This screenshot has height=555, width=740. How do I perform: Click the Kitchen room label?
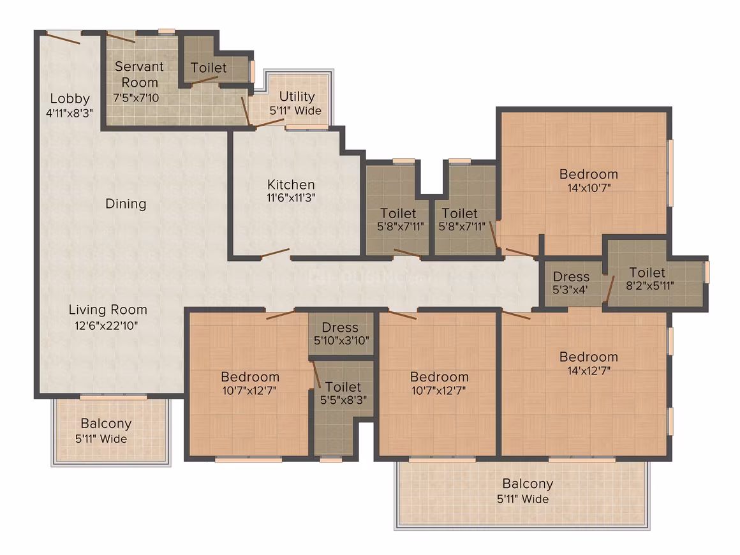point(291,184)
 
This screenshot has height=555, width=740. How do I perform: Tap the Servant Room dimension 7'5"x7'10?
point(136,98)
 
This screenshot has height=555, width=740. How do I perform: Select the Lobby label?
point(70,99)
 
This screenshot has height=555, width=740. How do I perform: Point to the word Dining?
point(126,204)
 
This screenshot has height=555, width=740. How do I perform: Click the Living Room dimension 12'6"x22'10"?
point(106,325)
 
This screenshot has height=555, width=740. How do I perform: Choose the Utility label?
point(297,97)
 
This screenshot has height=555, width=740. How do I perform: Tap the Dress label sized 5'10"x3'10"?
point(340,327)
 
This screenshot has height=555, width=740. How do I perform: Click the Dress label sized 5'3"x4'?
point(571,277)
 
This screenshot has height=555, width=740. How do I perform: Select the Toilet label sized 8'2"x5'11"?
point(647,273)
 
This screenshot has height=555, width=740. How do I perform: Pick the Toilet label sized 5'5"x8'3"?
point(343,387)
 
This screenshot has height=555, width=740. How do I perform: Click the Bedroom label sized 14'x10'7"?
point(589,174)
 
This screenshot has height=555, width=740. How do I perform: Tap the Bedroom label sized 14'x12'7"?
point(589,357)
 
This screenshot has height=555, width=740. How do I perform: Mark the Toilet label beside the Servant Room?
point(209,68)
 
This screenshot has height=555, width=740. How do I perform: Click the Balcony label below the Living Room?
point(106,424)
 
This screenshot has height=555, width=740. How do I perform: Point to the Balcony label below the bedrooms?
point(528,484)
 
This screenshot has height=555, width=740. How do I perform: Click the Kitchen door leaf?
point(275,253)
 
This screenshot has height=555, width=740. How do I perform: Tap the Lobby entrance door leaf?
point(63,38)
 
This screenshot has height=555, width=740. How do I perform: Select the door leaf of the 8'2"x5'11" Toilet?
point(610,289)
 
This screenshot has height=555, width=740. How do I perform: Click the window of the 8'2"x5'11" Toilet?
point(707,272)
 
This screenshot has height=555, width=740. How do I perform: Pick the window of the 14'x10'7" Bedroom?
point(670,173)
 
